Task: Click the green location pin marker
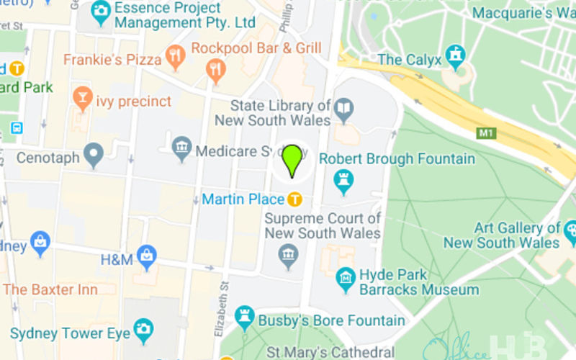[x=292, y=160]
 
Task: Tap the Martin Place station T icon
[x=294, y=199]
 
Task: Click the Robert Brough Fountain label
[x=397, y=158]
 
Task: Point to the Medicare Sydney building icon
[x=182, y=150]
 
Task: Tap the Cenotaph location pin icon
[x=93, y=153]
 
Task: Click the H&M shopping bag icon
[x=148, y=254]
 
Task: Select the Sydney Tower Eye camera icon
[x=143, y=330]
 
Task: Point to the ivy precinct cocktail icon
[x=82, y=96]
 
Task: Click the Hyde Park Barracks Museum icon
[x=346, y=276]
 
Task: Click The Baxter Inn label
[x=50, y=289]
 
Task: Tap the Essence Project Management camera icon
[x=102, y=10]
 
